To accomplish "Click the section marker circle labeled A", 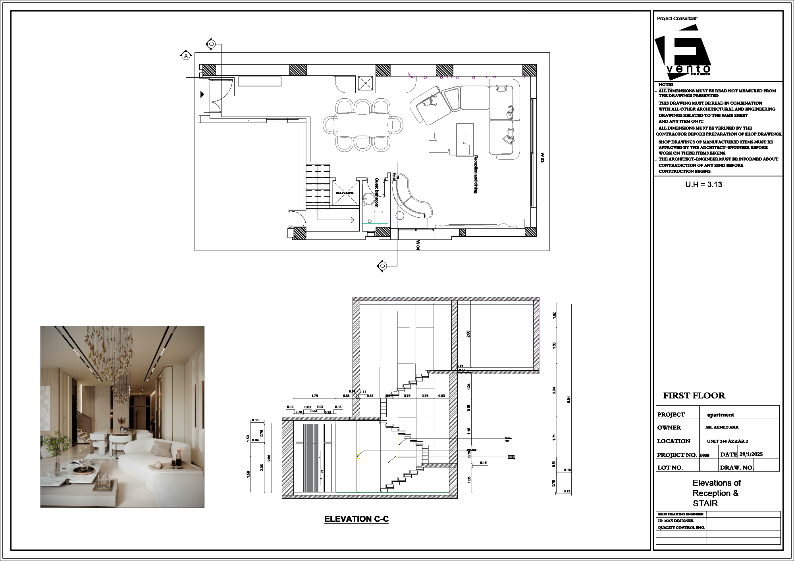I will tap(186, 56).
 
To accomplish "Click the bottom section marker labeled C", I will tap(382, 266).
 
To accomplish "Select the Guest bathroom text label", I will tap(376, 192).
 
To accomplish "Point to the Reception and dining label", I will tap(476, 174).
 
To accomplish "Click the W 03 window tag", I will tap(542, 157).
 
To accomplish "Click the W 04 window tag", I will tap(418, 245).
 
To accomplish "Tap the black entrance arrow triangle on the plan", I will tap(202, 94).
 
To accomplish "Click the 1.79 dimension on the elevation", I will tap(314, 396).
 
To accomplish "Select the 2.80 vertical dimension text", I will tap(468, 334).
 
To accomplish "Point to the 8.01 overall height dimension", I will tap(569, 399).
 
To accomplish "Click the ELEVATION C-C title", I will tap(356, 519).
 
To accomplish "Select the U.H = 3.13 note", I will tap(703, 184).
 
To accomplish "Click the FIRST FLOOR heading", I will tap(694, 396).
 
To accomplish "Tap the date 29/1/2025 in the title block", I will tap(751, 454).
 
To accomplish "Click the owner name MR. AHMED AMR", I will tap(722, 427).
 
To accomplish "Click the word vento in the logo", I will tap(688, 69).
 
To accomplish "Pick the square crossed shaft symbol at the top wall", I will tap(365, 84).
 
